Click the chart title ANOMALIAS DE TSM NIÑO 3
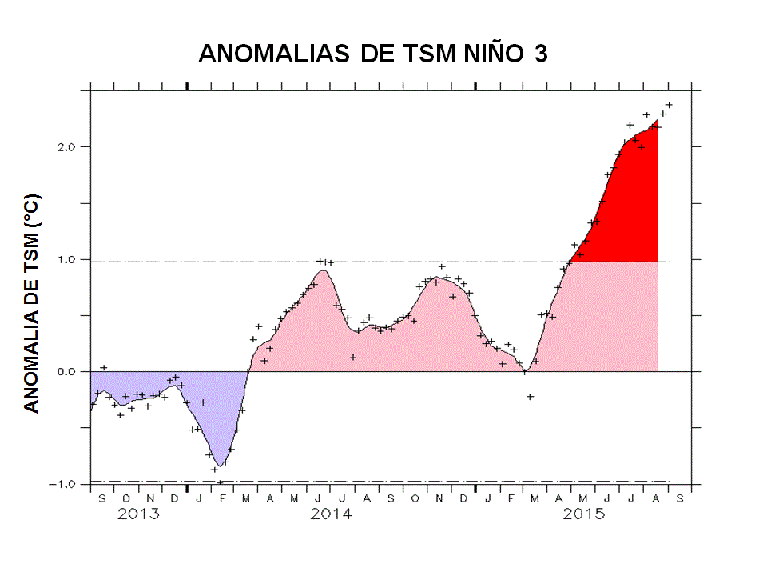(x=372, y=54)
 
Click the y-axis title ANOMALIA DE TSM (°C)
(x=31, y=303)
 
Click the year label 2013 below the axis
(x=139, y=514)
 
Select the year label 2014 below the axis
(x=331, y=514)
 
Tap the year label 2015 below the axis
(x=583, y=514)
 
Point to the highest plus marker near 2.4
(x=670, y=105)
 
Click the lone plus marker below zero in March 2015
(x=530, y=397)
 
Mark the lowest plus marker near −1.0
(x=220, y=482)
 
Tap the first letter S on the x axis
(x=102, y=498)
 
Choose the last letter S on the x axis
(x=680, y=498)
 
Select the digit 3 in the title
(x=541, y=54)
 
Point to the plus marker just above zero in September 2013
(x=103, y=368)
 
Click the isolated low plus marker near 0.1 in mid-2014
(x=352, y=358)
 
